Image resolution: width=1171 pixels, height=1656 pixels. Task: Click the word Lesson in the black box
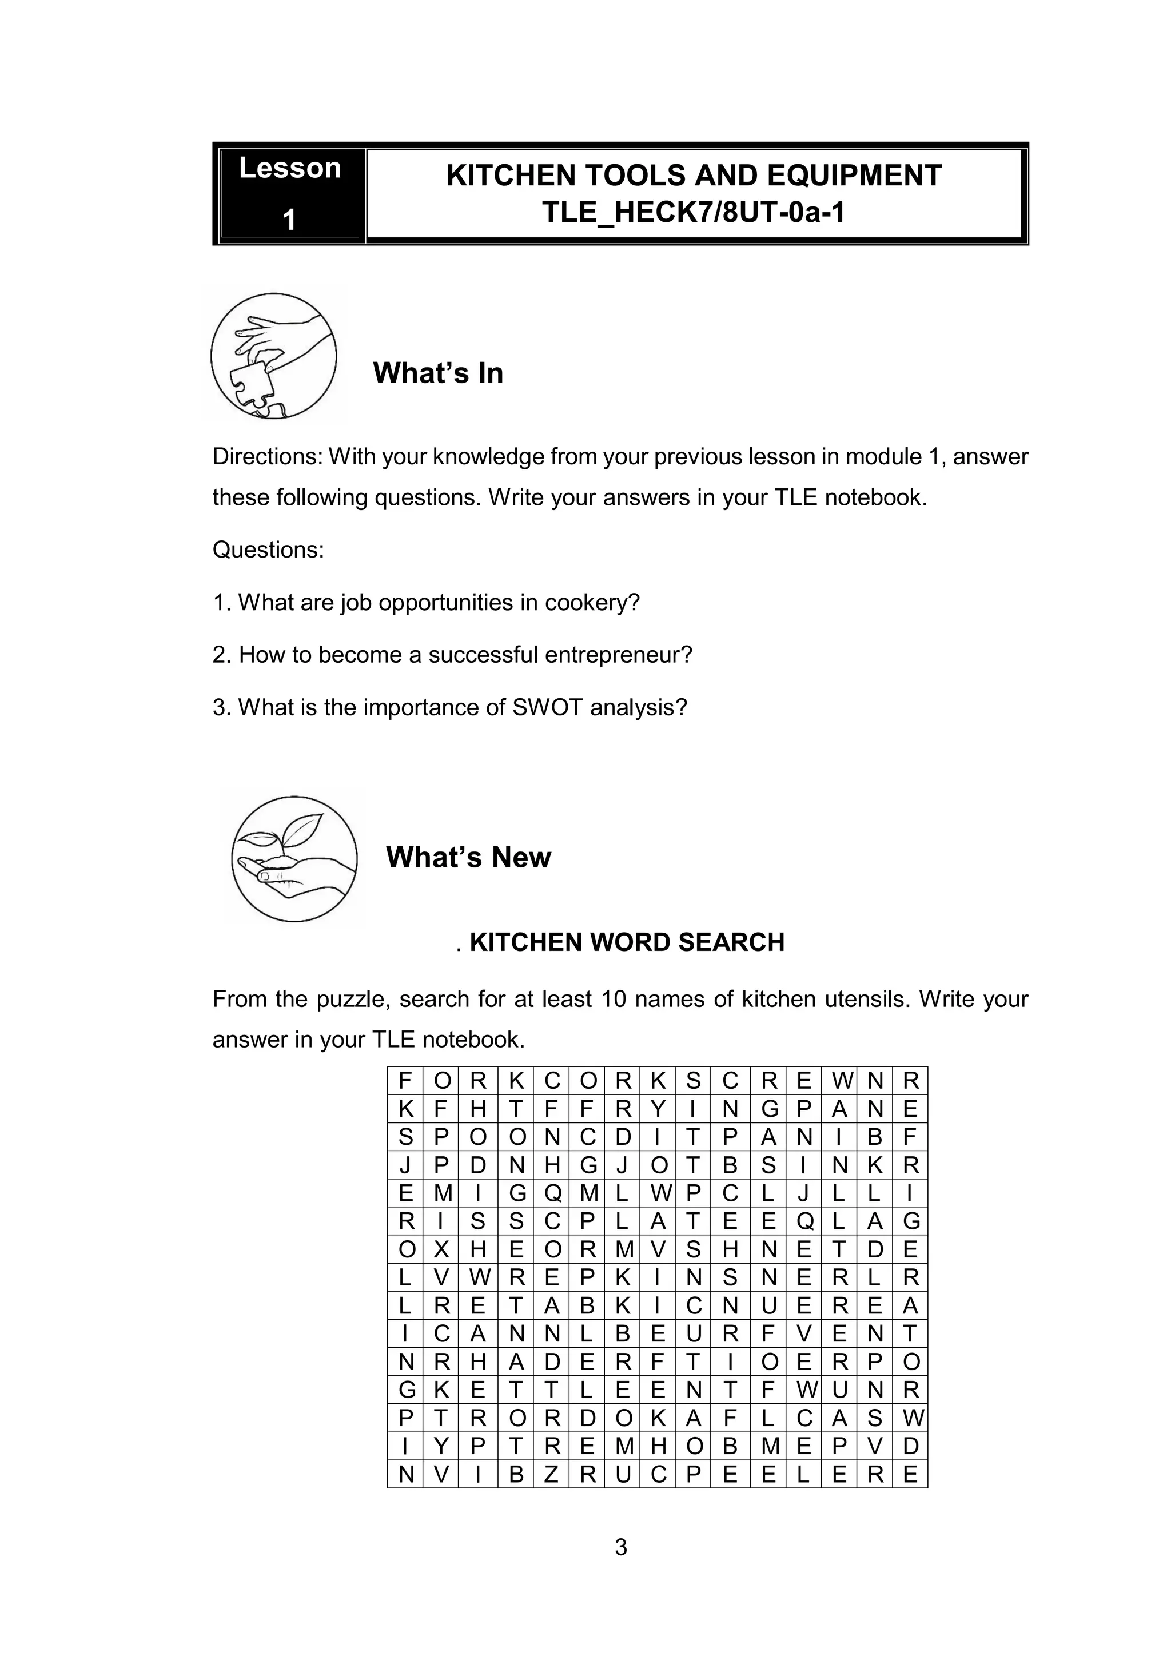pos(290,168)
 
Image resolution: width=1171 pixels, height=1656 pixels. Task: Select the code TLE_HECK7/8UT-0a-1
pos(693,213)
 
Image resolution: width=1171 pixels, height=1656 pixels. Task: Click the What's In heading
pos(437,373)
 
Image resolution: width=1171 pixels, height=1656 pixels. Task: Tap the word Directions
pos(267,456)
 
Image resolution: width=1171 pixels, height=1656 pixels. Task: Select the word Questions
pos(268,550)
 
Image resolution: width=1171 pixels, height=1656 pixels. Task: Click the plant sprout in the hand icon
pos(288,836)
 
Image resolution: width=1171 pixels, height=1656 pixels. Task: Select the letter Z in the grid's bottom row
pos(552,1475)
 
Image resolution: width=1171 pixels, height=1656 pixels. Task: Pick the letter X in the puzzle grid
pos(442,1250)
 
